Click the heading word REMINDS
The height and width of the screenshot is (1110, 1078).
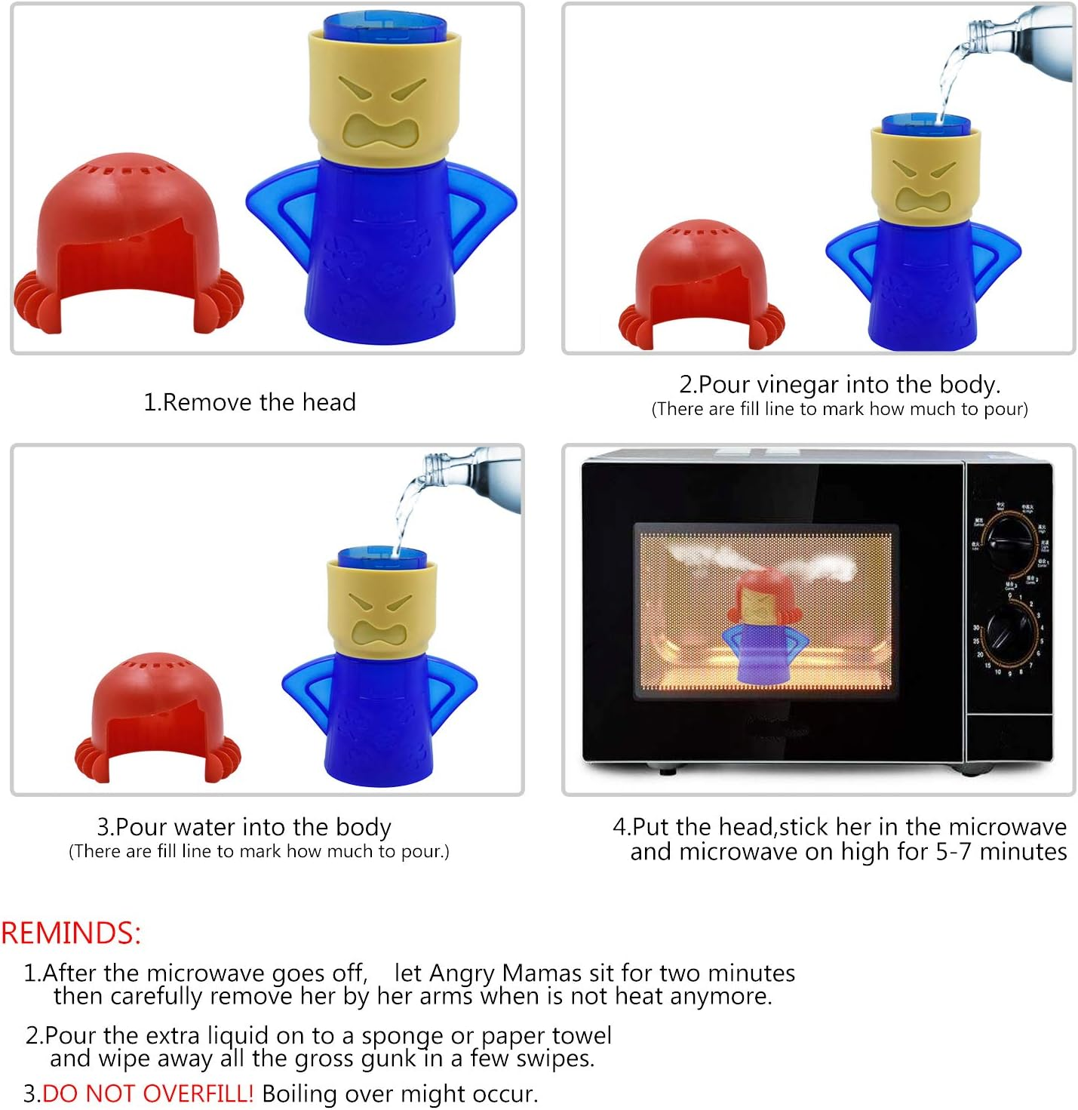click(71, 933)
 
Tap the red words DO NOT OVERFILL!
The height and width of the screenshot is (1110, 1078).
click(148, 1093)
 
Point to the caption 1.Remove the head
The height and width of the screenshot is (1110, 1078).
click(250, 402)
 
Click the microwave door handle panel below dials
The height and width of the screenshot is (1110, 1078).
click(1009, 736)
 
